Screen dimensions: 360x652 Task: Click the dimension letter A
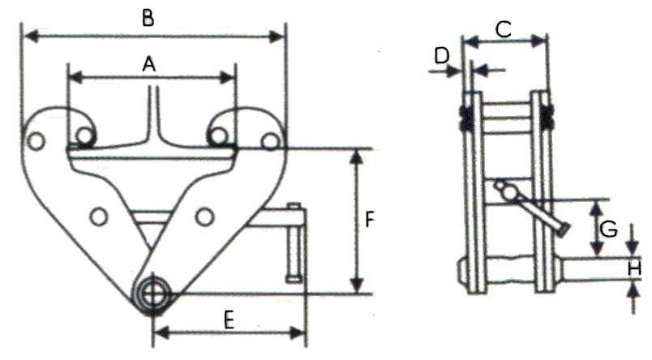148,63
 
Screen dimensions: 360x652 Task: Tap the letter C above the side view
503,30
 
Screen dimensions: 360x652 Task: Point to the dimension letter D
442,56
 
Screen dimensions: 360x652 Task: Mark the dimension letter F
369,220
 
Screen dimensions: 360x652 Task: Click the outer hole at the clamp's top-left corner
35,141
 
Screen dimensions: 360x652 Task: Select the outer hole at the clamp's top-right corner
269,141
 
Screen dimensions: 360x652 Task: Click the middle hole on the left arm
99,216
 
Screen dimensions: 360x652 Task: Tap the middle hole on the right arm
204,216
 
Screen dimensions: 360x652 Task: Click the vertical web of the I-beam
152,114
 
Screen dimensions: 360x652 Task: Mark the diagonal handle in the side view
530,208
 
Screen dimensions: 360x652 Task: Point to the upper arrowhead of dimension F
354,156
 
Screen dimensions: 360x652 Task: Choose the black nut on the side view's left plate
465,117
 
